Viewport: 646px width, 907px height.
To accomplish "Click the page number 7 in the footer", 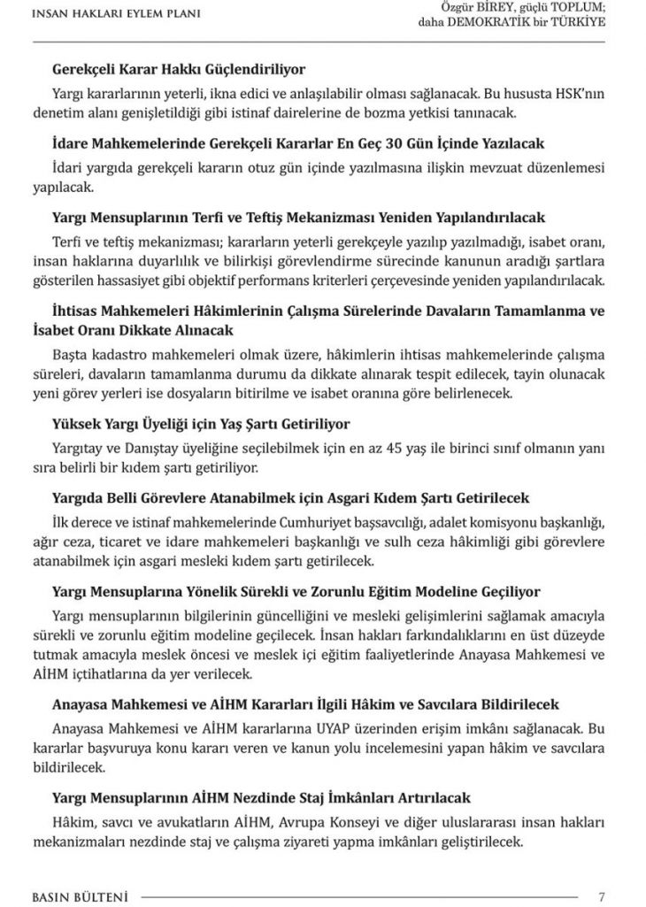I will click(602, 895).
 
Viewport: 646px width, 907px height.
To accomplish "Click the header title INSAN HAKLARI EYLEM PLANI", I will click(115, 13).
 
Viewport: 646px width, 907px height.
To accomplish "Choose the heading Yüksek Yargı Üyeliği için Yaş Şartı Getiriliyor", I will click(201, 424).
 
